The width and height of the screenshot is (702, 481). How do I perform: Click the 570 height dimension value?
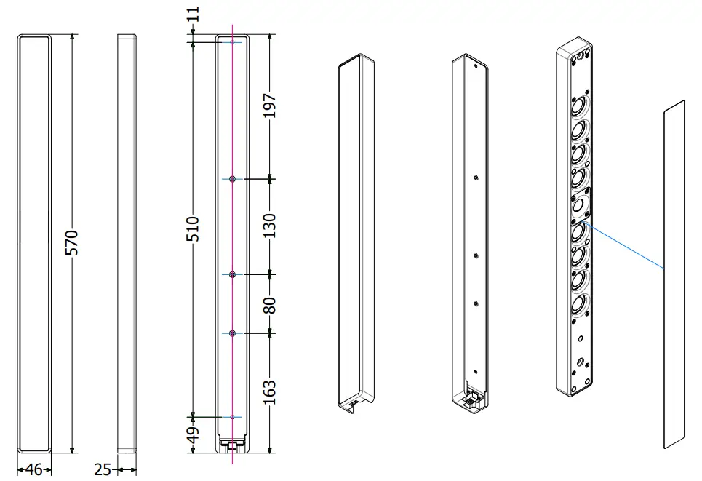[x=71, y=242]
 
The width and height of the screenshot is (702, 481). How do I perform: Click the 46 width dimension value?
[x=33, y=469]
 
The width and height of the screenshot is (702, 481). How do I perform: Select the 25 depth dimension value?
[x=103, y=469]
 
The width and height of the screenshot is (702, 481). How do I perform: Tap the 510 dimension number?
[x=193, y=229]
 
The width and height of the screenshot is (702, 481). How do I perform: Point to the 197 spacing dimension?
[x=270, y=107]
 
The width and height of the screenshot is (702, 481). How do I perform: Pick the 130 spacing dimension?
[x=270, y=226]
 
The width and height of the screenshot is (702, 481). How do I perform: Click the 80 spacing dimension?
[x=270, y=303]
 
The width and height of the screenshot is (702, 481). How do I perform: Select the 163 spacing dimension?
[x=270, y=393]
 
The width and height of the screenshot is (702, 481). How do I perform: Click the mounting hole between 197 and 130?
[x=232, y=179]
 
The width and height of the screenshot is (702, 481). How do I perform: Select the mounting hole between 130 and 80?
[x=232, y=274]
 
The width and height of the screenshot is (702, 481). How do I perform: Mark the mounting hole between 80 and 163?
[x=232, y=333]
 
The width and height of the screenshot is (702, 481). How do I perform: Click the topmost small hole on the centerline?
[x=232, y=43]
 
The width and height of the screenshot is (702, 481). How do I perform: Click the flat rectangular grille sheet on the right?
[x=674, y=277]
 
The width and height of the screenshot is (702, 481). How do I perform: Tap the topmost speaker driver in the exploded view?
[x=579, y=109]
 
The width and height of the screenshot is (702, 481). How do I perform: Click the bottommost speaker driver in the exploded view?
[x=578, y=303]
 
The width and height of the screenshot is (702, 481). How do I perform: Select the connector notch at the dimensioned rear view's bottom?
[x=232, y=443]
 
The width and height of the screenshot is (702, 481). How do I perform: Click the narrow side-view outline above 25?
[x=127, y=240]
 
